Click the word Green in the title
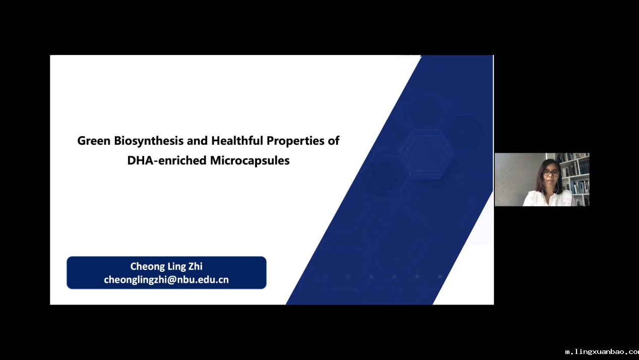tap(94, 141)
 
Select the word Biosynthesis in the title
tap(149, 141)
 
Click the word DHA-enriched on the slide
tap(167, 160)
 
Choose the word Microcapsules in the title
tap(250, 161)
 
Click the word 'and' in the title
tap(197, 141)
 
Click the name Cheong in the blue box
tap(147, 267)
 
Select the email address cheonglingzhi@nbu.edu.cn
tap(166, 280)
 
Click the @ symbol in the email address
tap(171, 280)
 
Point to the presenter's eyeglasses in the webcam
tap(551, 173)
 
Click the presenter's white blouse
tap(547, 199)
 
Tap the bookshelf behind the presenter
tap(575, 177)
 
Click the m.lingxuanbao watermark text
tap(602, 352)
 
